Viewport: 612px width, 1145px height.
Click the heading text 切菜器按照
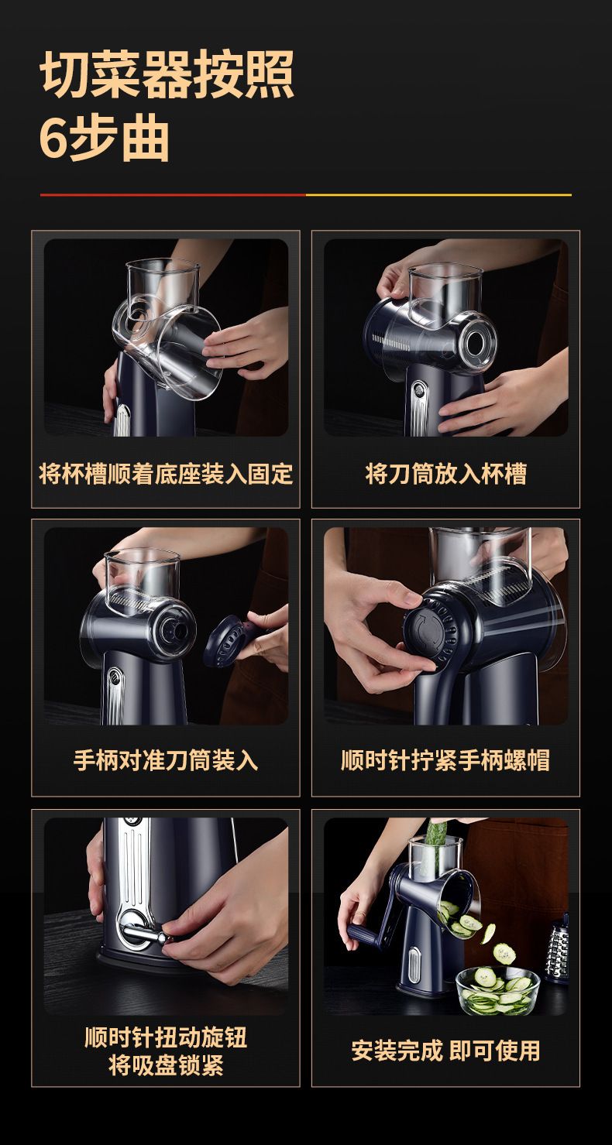[167, 74]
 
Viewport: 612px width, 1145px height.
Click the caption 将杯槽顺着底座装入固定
[166, 474]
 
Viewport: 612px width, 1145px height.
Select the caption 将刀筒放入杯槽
[445, 474]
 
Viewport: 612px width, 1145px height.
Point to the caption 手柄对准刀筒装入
[166, 760]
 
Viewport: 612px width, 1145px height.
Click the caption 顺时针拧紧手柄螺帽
[445, 760]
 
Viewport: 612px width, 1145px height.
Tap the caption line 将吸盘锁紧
[166, 1066]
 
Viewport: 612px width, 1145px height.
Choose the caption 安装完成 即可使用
[445, 1051]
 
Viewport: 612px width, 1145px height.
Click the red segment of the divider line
[173, 195]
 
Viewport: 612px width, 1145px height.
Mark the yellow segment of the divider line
[438, 195]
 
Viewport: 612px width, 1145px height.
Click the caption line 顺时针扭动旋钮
[166, 1037]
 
